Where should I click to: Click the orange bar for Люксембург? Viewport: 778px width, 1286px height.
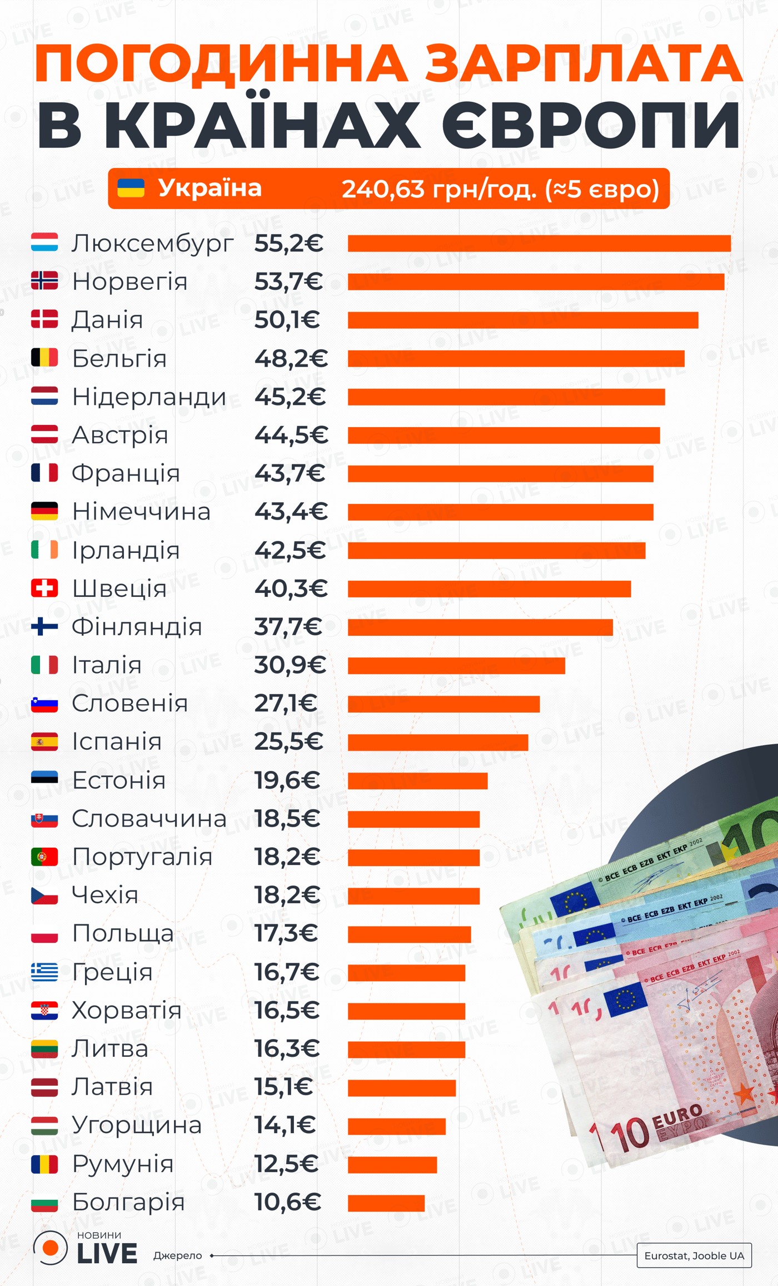click(x=539, y=243)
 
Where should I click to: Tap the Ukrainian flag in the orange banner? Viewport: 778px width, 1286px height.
click(x=131, y=188)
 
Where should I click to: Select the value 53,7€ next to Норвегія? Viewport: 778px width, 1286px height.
click(x=288, y=281)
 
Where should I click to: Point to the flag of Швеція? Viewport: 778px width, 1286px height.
click(x=44, y=588)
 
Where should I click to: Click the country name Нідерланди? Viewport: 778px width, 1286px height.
click(x=149, y=397)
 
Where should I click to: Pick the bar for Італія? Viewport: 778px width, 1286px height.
click(x=456, y=665)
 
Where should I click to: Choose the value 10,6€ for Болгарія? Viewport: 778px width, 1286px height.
click(x=287, y=1201)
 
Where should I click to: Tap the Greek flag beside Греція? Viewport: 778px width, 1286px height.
click(x=44, y=972)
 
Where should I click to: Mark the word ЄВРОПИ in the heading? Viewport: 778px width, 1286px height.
click(x=591, y=125)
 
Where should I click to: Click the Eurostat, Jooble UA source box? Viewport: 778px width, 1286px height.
click(x=694, y=1255)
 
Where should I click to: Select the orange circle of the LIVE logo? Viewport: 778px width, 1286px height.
click(x=51, y=1248)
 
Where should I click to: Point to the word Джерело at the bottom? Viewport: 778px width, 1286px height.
click(x=177, y=1255)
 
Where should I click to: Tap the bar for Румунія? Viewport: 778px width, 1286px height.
click(x=392, y=1164)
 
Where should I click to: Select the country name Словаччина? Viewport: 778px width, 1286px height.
click(x=149, y=818)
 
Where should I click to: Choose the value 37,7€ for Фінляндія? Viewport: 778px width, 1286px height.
click(x=288, y=627)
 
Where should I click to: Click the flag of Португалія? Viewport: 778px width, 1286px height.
click(x=44, y=857)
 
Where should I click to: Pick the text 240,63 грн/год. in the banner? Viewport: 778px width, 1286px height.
click(x=439, y=189)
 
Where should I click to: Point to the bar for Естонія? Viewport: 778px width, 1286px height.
click(x=417, y=780)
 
